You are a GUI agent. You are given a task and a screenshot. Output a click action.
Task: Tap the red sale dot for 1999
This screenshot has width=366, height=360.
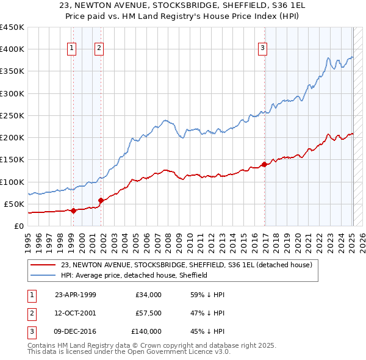pyautogui.click(x=73, y=211)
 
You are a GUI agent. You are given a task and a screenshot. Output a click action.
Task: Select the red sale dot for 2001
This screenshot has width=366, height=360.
pyautogui.click(x=101, y=200)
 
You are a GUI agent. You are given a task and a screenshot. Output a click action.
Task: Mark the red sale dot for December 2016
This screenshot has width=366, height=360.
pyautogui.click(x=264, y=164)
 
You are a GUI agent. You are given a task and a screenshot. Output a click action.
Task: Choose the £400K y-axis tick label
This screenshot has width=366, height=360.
pyautogui.click(x=12, y=49)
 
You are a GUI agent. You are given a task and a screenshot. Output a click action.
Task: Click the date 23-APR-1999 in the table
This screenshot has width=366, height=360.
pyautogui.click(x=76, y=295)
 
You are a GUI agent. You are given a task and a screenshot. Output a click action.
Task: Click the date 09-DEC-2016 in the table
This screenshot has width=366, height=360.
pyautogui.click(x=76, y=331)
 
